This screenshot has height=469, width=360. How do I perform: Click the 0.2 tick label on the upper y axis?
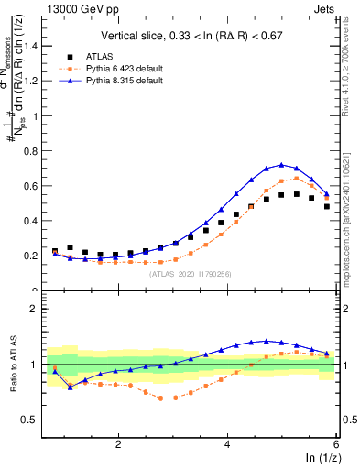point(37,256)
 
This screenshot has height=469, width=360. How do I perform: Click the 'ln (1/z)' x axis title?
point(320,457)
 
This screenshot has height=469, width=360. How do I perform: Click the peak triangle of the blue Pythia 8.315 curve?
point(282,165)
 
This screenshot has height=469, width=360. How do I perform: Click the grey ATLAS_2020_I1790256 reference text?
point(190,273)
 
